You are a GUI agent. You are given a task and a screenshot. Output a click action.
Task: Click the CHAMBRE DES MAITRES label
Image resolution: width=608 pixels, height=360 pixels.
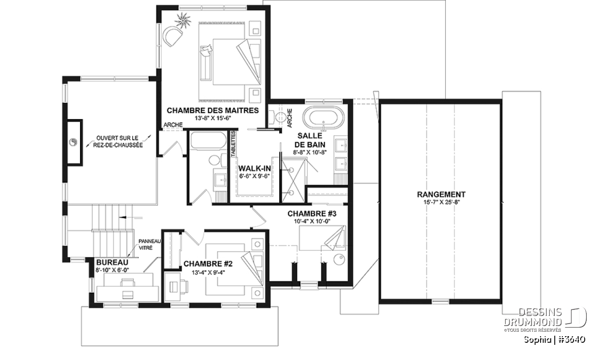pyautogui.click(x=212, y=110)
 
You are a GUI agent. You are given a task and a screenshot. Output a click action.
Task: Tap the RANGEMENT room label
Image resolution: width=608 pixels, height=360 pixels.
pyautogui.click(x=441, y=194)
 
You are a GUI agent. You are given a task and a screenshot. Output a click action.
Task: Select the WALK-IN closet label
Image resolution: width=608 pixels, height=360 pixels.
pyautogui.click(x=254, y=168)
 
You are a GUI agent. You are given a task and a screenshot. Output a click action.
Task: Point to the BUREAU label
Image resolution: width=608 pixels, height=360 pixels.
pyautogui.click(x=112, y=262)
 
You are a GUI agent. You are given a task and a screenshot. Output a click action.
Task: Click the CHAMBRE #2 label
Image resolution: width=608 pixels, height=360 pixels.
pyautogui.click(x=208, y=264)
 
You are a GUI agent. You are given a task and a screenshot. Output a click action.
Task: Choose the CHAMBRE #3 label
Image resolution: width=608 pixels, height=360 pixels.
pyautogui.click(x=312, y=214)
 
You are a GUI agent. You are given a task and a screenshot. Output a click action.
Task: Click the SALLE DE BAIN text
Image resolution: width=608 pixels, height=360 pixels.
pyautogui.click(x=310, y=140)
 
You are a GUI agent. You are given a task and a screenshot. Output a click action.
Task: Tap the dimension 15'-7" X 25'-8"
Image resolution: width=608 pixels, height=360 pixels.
pyautogui.click(x=441, y=203)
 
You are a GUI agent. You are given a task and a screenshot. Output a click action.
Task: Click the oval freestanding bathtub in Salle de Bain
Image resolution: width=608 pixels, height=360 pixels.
pyautogui.click(x=323, y=118)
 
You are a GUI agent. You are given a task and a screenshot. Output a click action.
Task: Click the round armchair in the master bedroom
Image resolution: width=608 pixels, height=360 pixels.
pyautogui.click(x=172, y=36)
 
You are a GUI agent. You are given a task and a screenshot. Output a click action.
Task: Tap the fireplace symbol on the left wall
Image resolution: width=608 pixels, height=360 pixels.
pyautogui.click(x=73, y=142)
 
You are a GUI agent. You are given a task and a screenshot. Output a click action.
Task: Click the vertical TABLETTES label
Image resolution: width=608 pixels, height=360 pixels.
pyautogui.click(x=233, y=144)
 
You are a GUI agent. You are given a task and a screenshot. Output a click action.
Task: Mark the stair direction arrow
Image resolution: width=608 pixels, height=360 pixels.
pyautogui.click(x=131, y=217)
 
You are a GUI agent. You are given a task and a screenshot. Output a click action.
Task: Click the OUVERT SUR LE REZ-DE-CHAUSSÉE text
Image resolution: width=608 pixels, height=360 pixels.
pyautogui.click(x=118, y=142)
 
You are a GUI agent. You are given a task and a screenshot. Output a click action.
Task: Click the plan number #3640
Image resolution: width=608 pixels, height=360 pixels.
pyautogui.click(x=572, y=340)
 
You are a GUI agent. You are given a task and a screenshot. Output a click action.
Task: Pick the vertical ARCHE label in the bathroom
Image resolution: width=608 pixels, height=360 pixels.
pyautogui.click(x=289, y=118)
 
